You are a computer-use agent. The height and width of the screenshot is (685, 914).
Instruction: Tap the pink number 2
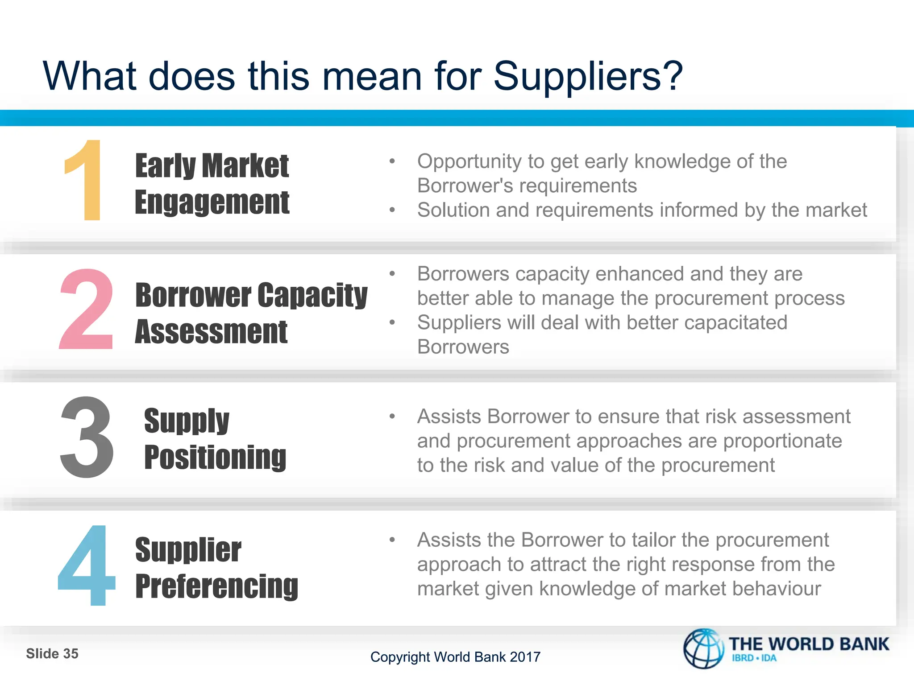tap(86, 309)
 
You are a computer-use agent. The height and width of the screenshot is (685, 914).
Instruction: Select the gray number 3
tap(87, 437)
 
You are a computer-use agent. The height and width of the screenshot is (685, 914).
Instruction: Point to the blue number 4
tap(87, 565)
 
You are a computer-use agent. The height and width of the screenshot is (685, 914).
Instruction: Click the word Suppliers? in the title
tap(588, 76)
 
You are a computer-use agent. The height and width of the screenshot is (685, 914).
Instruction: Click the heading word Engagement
tap(212, 203)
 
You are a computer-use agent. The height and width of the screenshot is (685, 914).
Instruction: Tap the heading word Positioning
tap(215, 458)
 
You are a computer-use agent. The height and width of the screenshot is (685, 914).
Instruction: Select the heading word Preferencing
tap(217, 586)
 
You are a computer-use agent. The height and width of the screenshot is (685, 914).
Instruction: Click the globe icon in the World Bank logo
tap(704, 649)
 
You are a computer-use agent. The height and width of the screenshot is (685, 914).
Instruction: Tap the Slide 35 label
tap(52, 654)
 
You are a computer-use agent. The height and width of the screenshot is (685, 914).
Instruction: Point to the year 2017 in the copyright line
tap(525, 657)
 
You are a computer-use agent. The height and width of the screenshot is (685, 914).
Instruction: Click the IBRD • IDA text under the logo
tap(754, 658)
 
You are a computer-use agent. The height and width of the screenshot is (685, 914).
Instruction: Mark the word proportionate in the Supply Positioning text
tap(782, 441)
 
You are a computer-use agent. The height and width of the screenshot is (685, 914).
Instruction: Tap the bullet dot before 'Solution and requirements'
tap(392, 210)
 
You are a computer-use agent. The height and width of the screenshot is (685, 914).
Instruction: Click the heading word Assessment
tap(211, 332)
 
